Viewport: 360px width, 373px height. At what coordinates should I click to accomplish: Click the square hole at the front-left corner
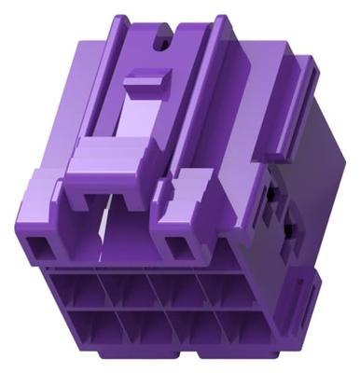(42, 246)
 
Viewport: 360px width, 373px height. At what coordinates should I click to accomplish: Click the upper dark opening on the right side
(271, 193)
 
